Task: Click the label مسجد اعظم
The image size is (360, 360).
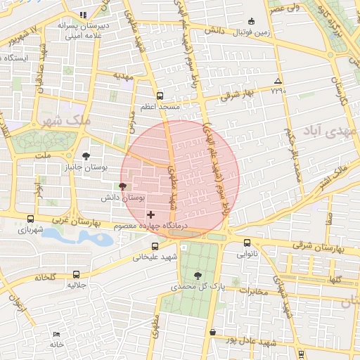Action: pos(161,107)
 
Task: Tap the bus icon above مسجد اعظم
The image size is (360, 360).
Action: pos(160,96)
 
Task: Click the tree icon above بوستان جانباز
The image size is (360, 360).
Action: pos(86,156)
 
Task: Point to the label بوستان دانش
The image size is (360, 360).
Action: pos(123,198)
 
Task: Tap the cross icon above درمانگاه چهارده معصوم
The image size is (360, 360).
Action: pos(150,214)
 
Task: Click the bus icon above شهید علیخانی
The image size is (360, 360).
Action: pos(155,246)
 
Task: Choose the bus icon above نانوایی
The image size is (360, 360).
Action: pos(246,243)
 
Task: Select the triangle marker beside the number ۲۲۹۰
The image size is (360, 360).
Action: pos(278,81)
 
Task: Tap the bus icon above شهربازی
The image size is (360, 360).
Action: pos(30,219)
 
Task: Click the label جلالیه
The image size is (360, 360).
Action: pos(76,285)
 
